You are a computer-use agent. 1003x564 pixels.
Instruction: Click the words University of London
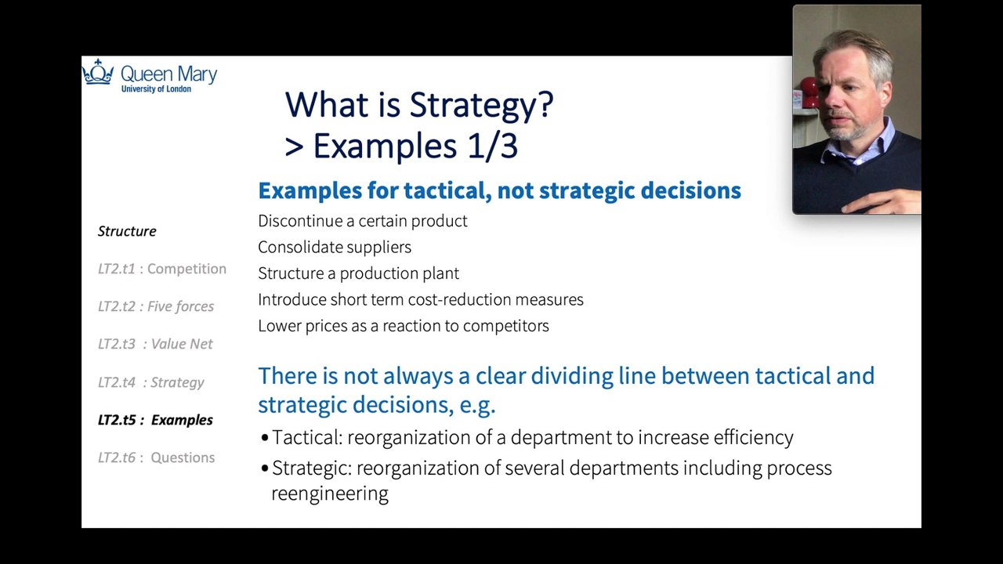point(156,89)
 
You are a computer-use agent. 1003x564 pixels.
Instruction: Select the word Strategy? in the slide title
point(482,106)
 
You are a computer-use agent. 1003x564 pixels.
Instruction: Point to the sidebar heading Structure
point(127,231)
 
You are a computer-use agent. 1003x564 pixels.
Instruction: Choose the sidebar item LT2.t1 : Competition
point(162,269)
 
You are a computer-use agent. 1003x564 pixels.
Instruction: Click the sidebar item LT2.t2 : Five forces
point(156,306)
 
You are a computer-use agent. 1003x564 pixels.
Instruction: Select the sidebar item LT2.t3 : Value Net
point(155,344)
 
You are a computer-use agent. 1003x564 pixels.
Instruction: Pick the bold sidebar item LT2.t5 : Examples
point(155,420)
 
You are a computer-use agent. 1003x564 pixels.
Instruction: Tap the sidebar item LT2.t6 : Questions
point(156,457)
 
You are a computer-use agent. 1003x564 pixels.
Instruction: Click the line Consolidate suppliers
point(335,247)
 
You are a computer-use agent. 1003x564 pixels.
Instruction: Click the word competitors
point(506,326)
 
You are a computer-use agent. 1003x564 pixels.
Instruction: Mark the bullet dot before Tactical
point(265,437)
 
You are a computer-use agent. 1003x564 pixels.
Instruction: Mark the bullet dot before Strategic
point(265,468)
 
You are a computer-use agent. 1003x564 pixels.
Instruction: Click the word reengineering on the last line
point(330,494)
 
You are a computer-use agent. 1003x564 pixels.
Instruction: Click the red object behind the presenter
point(809,92)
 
